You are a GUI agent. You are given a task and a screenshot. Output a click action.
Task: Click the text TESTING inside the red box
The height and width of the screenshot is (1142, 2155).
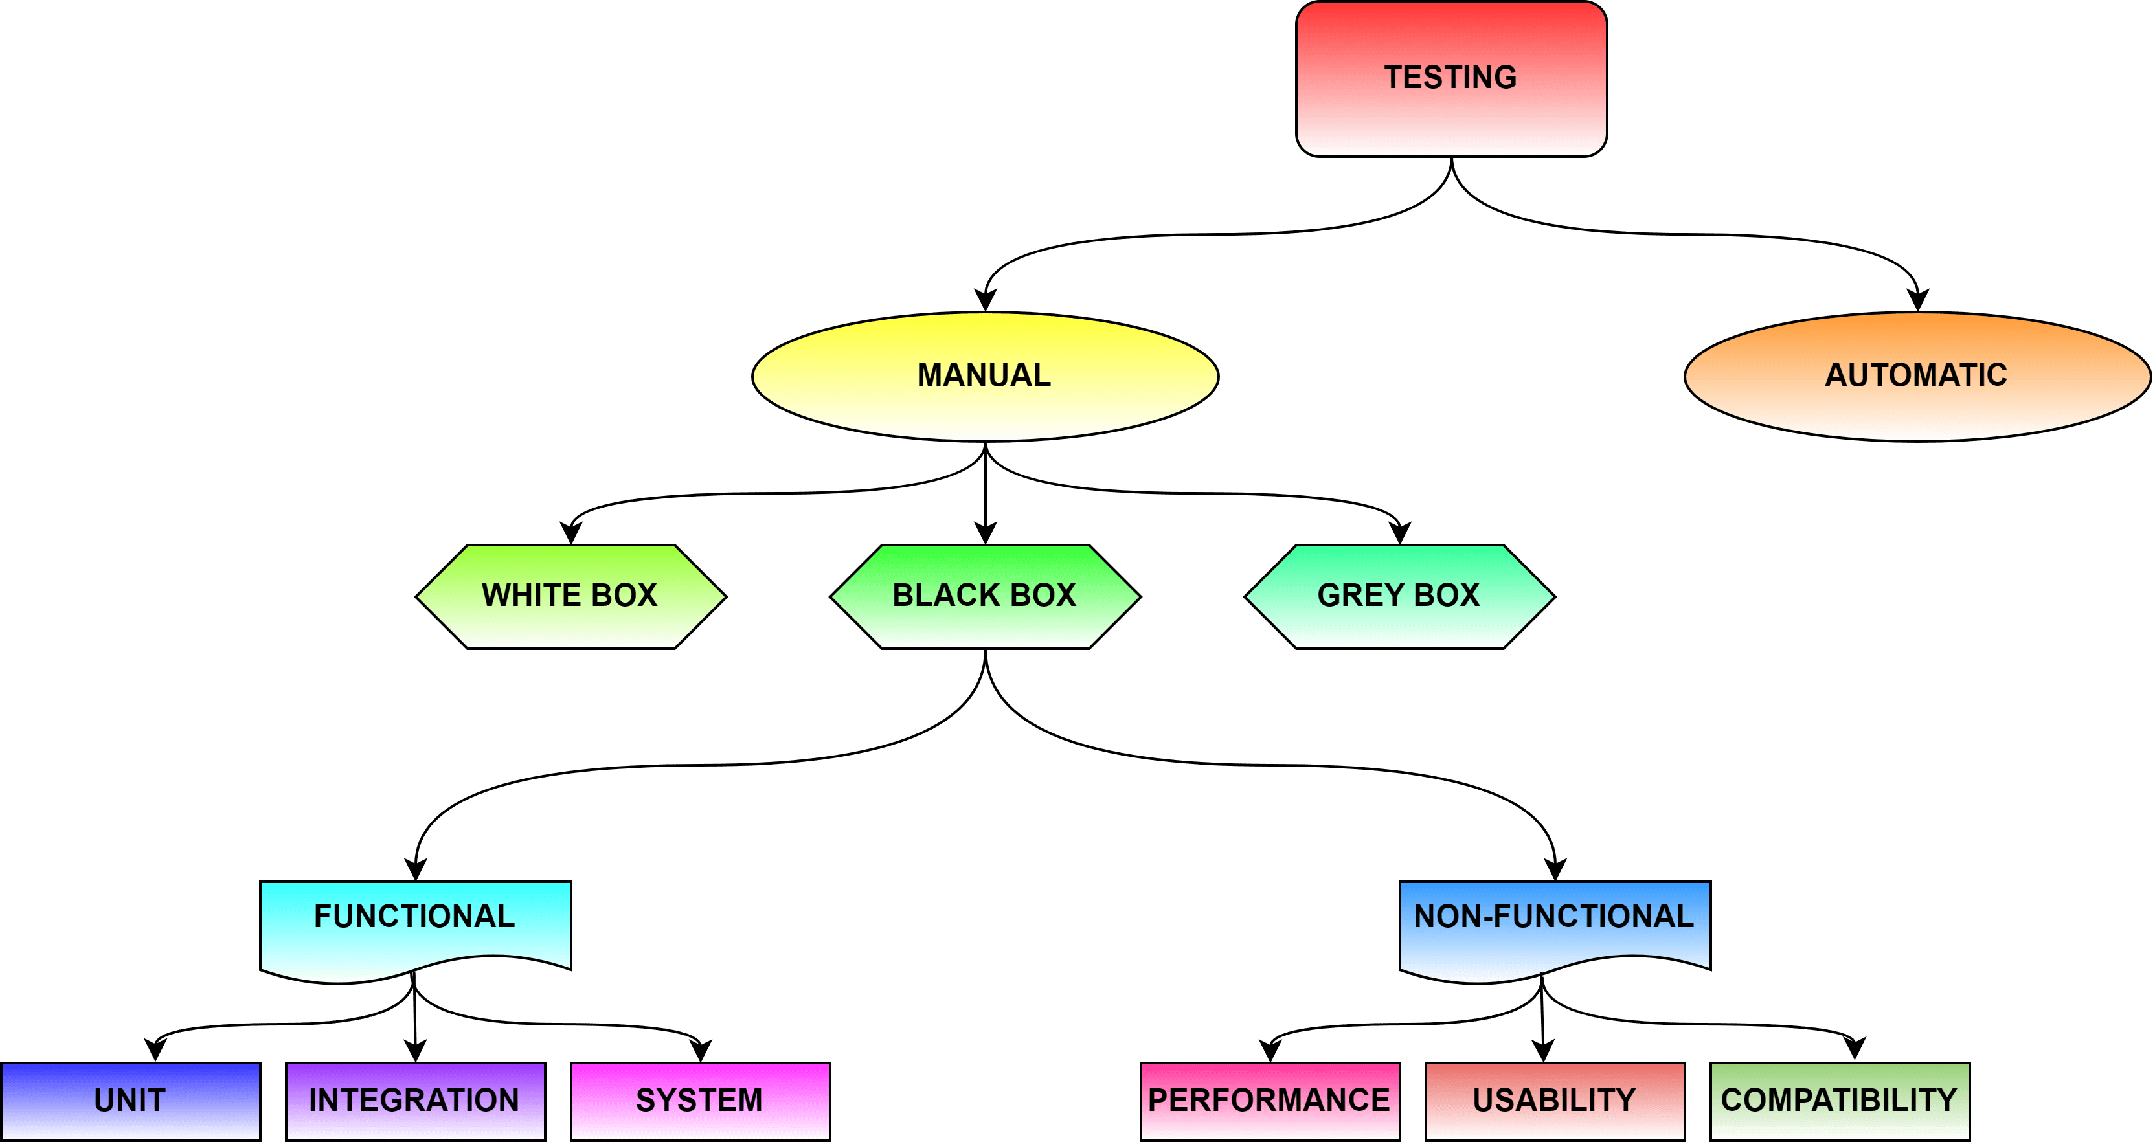(x=1450, y=77)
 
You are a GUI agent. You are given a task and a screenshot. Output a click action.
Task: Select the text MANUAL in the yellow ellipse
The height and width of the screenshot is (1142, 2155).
(x=985, y=375)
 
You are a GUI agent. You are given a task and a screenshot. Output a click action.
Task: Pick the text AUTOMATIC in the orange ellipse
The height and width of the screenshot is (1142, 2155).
(x=1917, y=375)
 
